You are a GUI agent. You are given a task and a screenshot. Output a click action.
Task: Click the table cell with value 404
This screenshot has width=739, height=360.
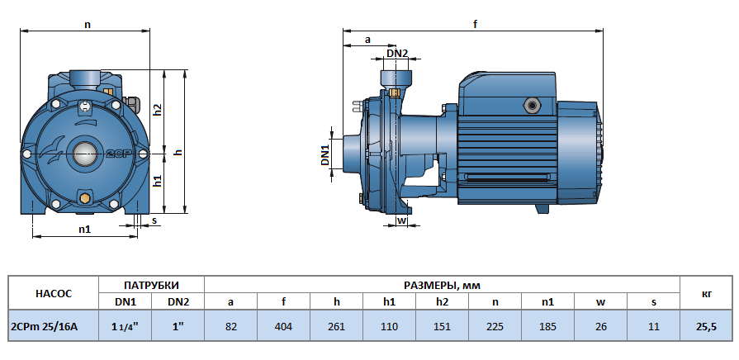pyautogui.click(x=284, y=327)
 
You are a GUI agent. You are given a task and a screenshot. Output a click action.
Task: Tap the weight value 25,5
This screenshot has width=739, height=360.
pyautogui.click(x=706, y=327)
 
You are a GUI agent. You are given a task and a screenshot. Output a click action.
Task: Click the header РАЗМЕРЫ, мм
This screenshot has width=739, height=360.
pyautogui.click(x=442, y=285)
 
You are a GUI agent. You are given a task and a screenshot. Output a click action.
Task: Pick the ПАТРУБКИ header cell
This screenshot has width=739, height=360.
pyautogui.click(x=151, y=285)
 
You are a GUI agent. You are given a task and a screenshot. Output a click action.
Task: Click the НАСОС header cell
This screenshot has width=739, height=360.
pyautogui.click(x=54, y=293)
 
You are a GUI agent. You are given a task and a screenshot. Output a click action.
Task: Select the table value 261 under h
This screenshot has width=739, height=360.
pyautogui.click(x=337, y=327)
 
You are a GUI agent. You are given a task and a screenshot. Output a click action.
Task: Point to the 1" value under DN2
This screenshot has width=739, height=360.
pyautogui.click(x=178, y=327)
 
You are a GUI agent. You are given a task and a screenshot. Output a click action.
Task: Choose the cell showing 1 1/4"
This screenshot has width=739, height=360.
pyautogui.click(x=125, y=327)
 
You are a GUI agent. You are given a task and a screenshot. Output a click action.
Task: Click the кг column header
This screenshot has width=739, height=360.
pyautogui.click(x=706, y=293)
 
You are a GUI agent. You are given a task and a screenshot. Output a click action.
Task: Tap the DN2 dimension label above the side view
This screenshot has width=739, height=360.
pyautogui.click(x=397, y=54)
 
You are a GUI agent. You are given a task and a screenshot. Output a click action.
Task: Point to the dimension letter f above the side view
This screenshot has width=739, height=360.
pyautogui.click(x=476, y=25)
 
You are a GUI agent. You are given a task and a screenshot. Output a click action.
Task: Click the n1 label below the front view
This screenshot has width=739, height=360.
pyautogui.click(x=84, y=230)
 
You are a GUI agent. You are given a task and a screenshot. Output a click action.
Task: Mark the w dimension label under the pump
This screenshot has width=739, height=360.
pyautogui.click(x=401, y=220)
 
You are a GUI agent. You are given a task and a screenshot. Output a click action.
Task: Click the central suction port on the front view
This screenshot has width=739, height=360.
pyautogui.click(x=84, y=153)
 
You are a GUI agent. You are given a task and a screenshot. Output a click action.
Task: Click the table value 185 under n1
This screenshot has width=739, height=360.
pyautogui.click(x=547, y=327)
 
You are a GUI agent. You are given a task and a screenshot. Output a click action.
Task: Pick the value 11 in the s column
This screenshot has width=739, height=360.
pyautogui.click(x=653, y=327)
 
